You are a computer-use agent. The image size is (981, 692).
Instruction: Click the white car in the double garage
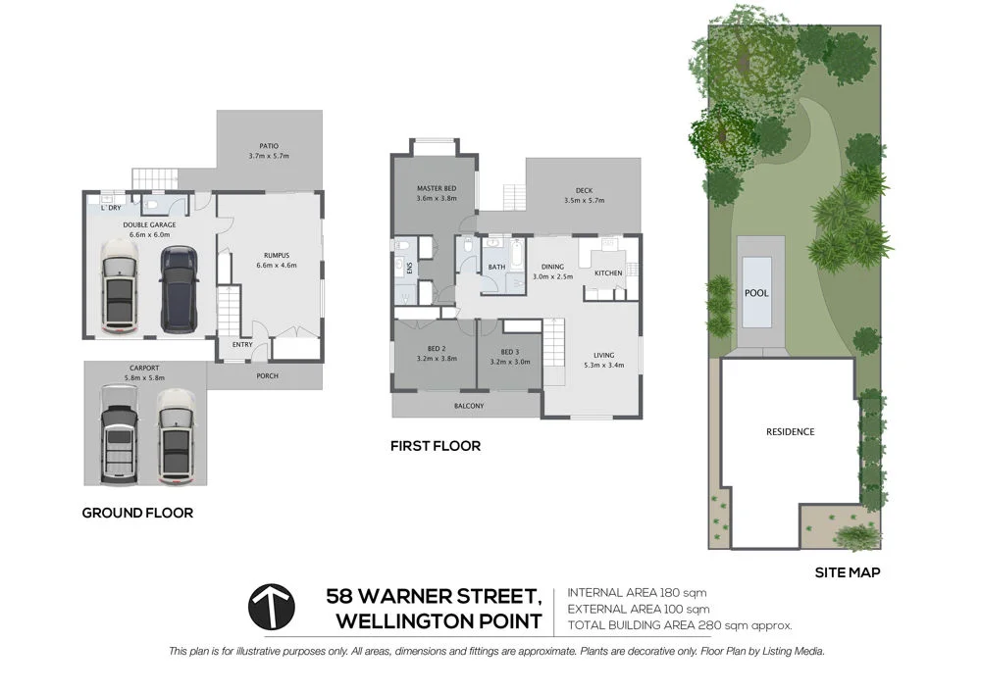[120, 290]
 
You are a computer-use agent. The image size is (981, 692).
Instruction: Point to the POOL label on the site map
[756, 293]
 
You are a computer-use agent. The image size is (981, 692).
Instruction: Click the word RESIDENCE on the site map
[790, 431]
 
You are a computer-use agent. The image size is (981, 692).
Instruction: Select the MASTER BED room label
[436, 188]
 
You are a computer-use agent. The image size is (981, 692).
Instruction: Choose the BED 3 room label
[509, 353]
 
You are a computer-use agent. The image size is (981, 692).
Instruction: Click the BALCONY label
[468, 406]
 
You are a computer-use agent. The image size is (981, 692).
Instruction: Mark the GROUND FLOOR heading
[137, 513]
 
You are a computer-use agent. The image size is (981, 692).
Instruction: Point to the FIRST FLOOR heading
[436, 446]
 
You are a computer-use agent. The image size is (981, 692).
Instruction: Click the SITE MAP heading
[848, 573]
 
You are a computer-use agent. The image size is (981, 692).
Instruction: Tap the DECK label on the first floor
[584, 191]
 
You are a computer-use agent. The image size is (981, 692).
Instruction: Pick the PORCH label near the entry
[267, 376]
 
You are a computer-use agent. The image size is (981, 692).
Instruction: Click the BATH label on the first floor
[496, 267]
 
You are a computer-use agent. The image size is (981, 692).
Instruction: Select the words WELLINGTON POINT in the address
[439, 620]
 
